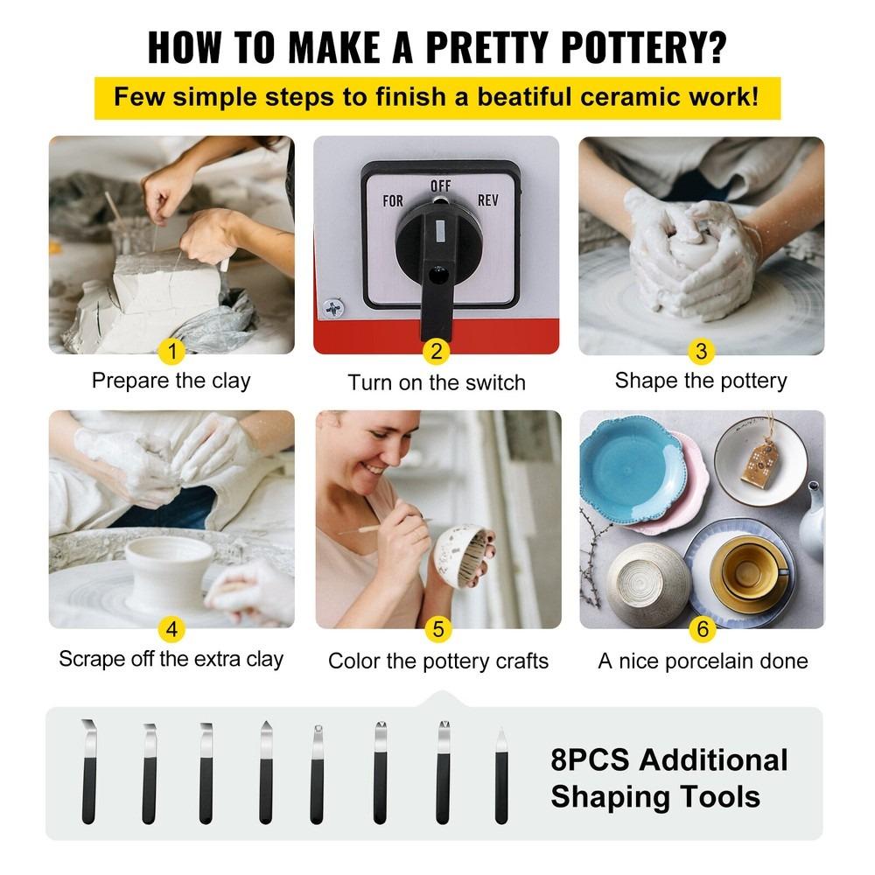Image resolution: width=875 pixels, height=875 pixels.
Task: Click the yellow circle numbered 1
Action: (172, 352)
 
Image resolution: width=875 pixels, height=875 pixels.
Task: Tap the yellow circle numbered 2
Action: (436, 353)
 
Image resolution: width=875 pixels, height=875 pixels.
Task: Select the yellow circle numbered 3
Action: (700, 352)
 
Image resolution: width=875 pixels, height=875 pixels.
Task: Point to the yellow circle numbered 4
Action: (172, 628)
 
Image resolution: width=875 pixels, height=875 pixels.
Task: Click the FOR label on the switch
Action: (393, 201)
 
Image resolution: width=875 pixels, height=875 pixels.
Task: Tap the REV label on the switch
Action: (488, 200)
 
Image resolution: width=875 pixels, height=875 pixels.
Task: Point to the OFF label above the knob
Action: (440, 185)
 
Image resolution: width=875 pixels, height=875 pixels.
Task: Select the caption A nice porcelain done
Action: (703, 661)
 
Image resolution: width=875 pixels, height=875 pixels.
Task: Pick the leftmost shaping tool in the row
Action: (88, 770)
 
